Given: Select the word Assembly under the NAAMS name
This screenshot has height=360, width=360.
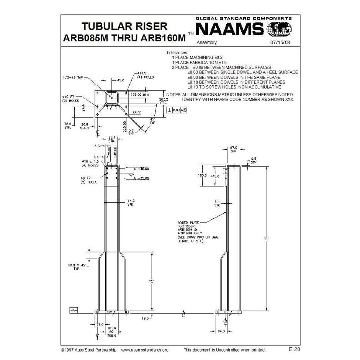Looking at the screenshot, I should (x=206, y=43).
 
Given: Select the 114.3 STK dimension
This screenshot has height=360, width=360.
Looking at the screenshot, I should (x=130, y=203).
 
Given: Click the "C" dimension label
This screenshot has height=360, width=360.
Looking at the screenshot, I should (x=151, y=281).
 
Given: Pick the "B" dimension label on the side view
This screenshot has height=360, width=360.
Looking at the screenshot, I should (x=266, y=239).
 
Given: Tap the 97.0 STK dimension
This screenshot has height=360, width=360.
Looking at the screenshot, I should (x=234, y=149).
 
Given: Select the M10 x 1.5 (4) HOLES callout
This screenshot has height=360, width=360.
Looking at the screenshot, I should (x=88, y=163).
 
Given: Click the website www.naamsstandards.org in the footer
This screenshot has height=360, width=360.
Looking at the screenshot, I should (x=145, y=350).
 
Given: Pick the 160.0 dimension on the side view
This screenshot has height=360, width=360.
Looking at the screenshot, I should (x=203, y=175).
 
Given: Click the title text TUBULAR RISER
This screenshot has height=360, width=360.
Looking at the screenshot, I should (x=124, y=26).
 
